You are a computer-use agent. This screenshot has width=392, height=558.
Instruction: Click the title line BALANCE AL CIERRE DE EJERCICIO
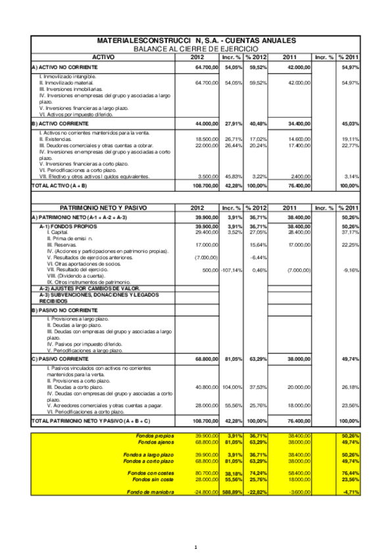196,49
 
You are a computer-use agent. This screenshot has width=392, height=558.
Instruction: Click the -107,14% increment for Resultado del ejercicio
232,270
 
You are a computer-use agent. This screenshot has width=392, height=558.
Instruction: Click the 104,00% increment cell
233,387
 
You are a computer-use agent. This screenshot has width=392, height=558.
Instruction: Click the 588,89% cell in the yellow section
233,492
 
